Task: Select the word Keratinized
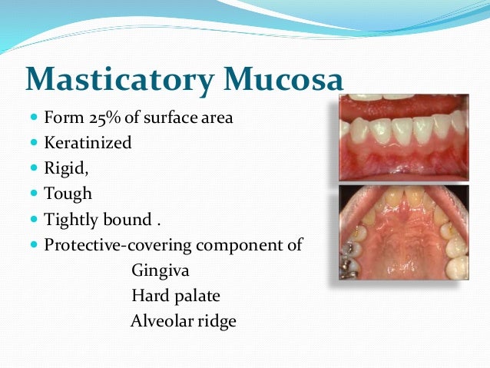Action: (x=88, y=143)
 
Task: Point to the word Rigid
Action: (x=64, y=168)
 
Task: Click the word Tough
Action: (x=68, y=194)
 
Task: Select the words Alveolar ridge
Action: (x=183, y=321)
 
